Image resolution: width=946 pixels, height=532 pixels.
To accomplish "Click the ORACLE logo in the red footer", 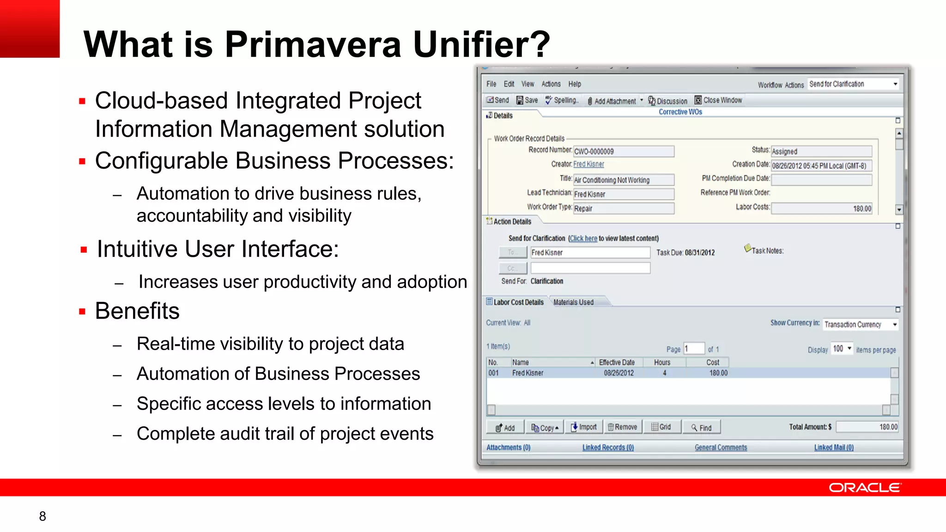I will pyautogui.click(x=864, y=488).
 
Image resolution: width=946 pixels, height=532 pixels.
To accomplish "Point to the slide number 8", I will pyautogui.click(x=42, y=516).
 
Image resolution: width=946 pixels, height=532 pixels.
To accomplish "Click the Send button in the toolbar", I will pyautogui.click(x=497, y=100).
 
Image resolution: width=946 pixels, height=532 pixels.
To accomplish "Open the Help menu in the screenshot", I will pyautogui.click(x=575, y=84).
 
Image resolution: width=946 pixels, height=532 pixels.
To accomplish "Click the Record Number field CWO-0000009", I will pyautogui.click(x=623, y=151).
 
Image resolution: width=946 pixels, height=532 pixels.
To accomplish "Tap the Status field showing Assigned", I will pyautogui.click(x=821, y=151).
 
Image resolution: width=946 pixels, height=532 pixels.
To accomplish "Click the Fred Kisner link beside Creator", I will pyautogui.click(x=588, y=164).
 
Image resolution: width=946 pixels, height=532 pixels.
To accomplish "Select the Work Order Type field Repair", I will pyautogui.click(x=623, y=209).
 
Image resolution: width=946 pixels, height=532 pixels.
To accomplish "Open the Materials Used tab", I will pyautogui.click(x=573, y=302).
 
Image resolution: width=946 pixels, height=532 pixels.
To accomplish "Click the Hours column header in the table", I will pyautogui.click(x=662, y=363).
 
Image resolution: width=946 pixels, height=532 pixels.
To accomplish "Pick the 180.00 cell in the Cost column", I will pyautogui.click(x=718, y=373).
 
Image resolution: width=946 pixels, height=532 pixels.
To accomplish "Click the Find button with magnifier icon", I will pyautogui.click(x=701, y=428).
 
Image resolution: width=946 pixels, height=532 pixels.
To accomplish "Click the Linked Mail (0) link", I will pyautogui.click(x=834, y=447).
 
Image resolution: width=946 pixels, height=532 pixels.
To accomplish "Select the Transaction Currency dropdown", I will pyautogui.click(x=860, y=325).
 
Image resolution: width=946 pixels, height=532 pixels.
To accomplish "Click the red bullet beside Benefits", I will pyautogui.click(x=82, y=312).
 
